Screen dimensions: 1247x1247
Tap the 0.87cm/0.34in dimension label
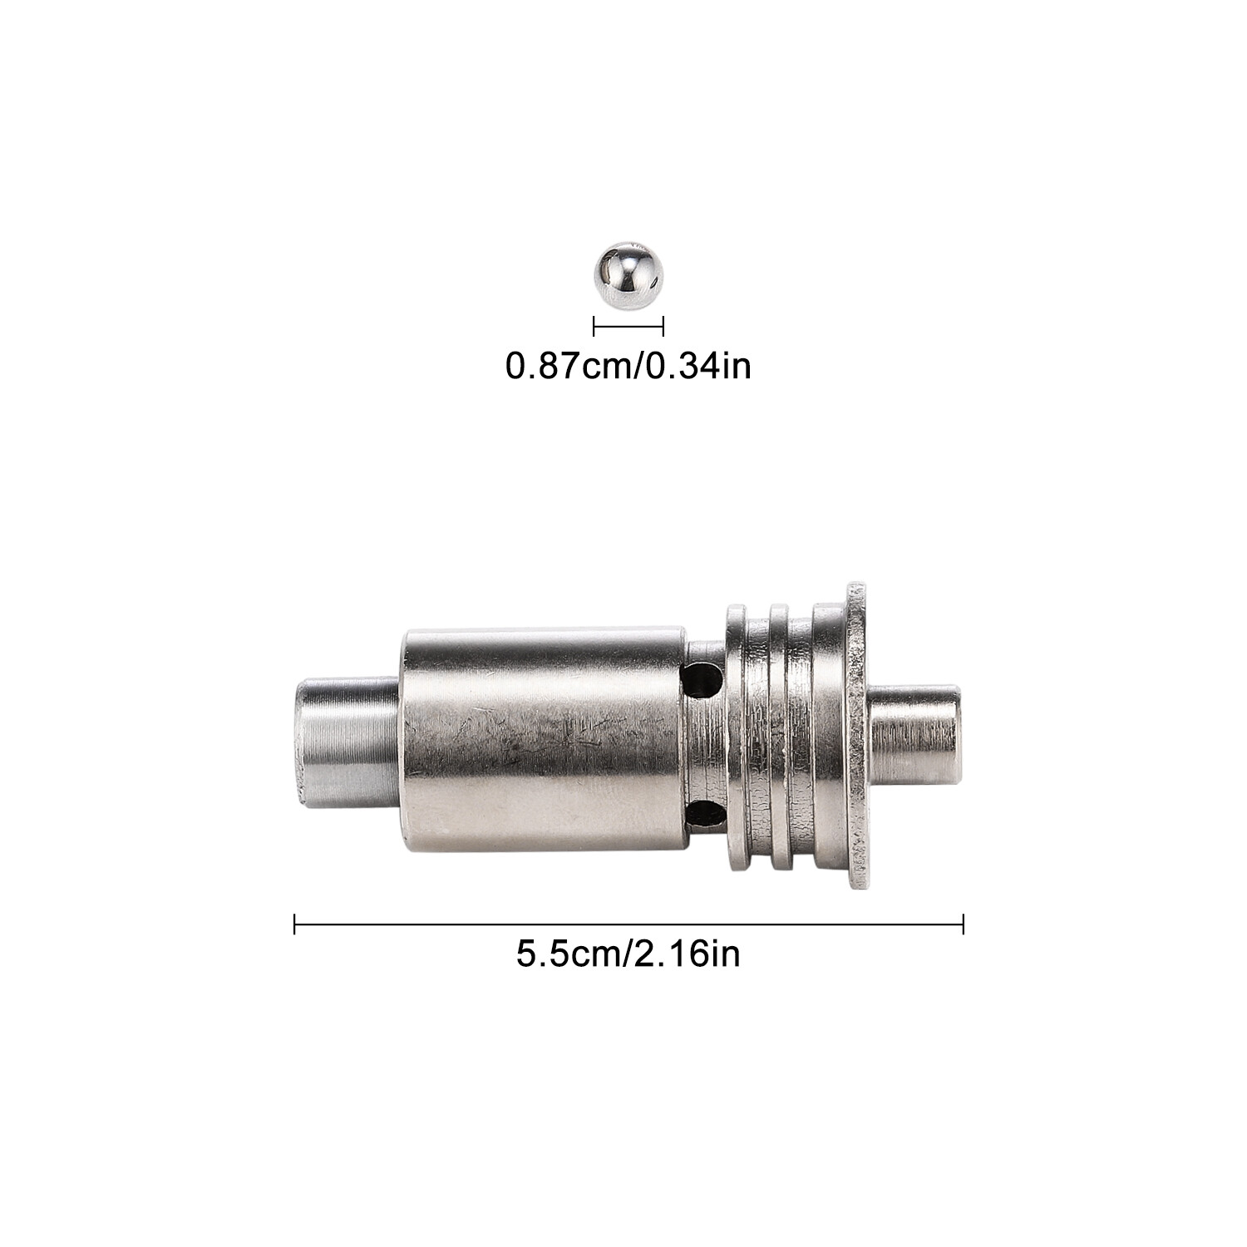tap(628, 365)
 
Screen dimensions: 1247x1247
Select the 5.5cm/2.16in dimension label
tap(628, 953)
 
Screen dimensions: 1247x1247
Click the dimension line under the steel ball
tap(628, 327)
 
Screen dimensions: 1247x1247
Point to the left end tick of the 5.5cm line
tap(295, 924)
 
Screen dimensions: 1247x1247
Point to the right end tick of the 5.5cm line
tap(963, 924)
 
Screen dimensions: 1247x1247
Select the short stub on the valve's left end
tap(345, 742)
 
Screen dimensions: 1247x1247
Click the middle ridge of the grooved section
tap(781, 736)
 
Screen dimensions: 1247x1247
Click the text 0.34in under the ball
tap(698, 365)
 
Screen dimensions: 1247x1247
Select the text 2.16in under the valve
tap(687, 953)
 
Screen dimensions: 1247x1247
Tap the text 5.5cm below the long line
tap(566, 953)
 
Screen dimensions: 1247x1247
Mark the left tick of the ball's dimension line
tap(594, 327)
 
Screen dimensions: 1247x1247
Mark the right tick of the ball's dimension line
tap(663, 327)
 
